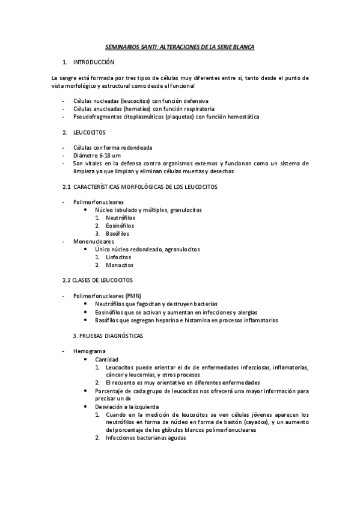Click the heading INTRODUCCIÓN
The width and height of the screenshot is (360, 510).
point(93,62)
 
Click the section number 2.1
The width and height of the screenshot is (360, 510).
point(67,186)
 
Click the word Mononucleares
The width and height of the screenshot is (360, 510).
point(93,241)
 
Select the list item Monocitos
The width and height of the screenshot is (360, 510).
point(119,265)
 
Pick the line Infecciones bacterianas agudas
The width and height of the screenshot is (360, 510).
point(146,438)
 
